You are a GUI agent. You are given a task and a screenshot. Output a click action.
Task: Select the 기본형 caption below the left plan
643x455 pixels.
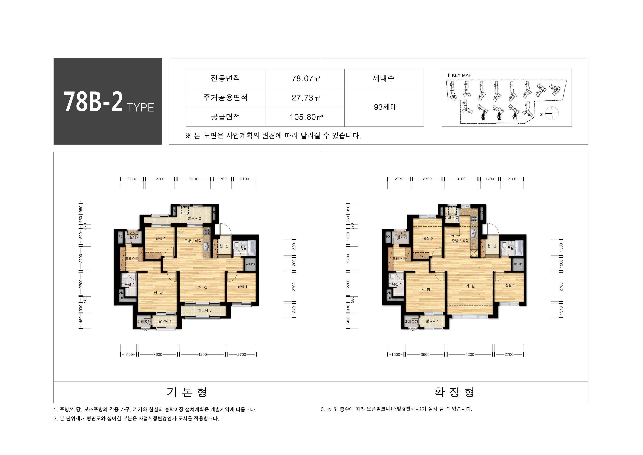pos(187,392)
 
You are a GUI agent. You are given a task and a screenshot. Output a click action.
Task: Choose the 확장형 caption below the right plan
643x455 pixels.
pos(454,392)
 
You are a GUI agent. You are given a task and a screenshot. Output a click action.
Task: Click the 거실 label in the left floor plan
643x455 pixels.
pos(203,287)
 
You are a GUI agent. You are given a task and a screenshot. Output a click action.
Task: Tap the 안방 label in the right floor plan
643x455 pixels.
pos(425,289)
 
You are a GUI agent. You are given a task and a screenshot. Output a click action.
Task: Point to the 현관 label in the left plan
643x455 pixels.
pos(224,246)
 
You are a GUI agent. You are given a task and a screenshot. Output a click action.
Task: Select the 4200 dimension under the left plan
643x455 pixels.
pos(202,354)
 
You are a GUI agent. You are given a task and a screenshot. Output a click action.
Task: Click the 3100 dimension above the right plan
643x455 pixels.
pos(461,179)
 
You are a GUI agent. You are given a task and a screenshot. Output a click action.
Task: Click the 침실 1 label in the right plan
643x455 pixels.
pos(510,285)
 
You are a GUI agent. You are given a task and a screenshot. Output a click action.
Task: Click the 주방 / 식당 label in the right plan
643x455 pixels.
pos(460,241)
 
